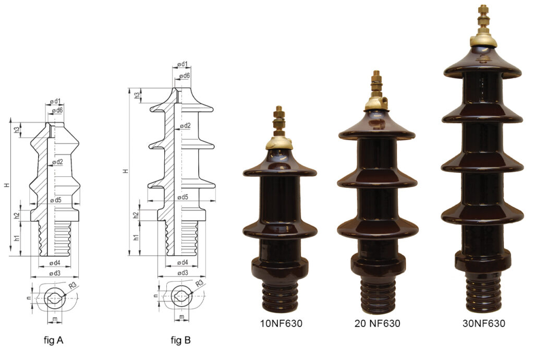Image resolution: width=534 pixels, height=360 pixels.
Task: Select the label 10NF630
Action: pos(281,323)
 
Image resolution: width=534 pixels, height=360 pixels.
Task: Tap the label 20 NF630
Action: pos(377,323)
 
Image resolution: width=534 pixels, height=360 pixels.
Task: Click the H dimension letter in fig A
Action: pos(6,186)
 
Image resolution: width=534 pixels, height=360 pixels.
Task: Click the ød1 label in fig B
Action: pos(182,64)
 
